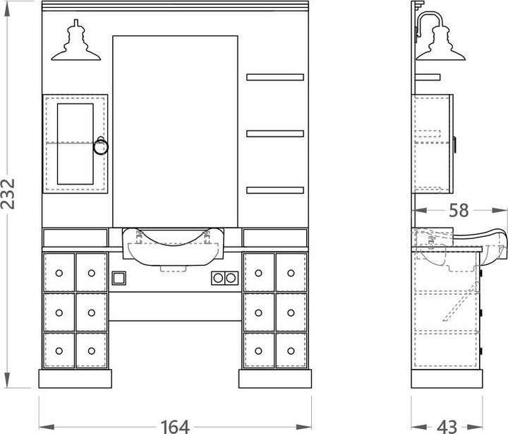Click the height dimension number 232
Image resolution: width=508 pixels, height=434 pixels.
pos(8,194)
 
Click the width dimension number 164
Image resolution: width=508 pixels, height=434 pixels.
pos(175,426)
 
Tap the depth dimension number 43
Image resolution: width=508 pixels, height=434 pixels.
pos(447,426)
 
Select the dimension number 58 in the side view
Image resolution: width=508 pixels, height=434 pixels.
pos(459,211)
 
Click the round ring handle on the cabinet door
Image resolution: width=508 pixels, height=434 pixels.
pos(100,146)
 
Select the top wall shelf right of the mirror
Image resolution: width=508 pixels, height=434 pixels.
pos(275,77)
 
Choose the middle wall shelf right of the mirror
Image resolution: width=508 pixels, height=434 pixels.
pos(275,134)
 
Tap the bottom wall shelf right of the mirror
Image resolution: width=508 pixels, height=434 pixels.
pos(275,190)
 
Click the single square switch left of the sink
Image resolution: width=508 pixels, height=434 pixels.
pos(119,278)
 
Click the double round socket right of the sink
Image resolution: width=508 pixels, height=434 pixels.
pos(224,278)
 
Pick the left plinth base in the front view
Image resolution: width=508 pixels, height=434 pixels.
pos(75,378)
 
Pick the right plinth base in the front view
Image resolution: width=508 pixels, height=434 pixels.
pos(275,378)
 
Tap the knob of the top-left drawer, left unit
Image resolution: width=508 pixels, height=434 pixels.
pos(59,273)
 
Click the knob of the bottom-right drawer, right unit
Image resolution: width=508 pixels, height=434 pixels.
pos(291,351)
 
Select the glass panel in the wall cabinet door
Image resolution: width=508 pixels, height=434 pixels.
pos(75,143)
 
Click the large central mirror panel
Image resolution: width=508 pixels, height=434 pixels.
pos(175,131)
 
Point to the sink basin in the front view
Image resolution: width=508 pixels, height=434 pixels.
pos(173,247)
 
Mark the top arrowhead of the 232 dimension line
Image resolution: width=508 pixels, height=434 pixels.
pos(7,8)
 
